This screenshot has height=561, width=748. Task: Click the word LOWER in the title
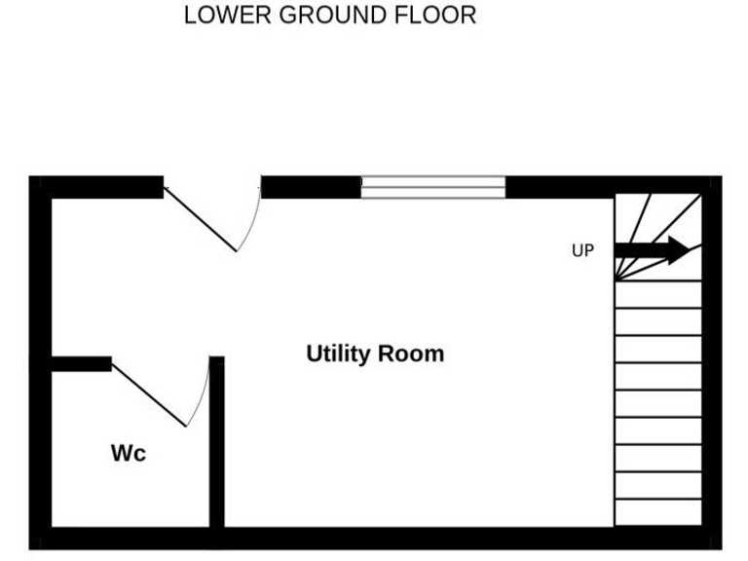pos(228,15)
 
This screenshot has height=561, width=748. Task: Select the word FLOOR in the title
pos(435,15)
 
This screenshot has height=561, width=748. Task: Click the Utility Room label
pos(375,354)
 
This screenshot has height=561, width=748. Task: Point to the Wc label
pos(129,453)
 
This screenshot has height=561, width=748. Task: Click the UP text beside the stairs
pos(582,250)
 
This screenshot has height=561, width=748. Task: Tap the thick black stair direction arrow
pos(653,250)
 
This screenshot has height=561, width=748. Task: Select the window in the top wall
pos(433,187)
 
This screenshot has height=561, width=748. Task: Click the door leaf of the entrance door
pos(200,219)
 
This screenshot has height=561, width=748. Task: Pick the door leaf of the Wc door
pos(149,395)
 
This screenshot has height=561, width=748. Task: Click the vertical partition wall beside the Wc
pos(216,442)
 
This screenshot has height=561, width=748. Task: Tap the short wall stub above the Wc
pos(82,363)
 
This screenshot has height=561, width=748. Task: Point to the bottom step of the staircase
pos(658,512)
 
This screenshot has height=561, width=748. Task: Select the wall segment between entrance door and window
pos(311,187)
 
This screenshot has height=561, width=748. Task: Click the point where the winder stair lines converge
pos(616,280)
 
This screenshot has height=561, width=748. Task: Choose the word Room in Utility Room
pos(411,354)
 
